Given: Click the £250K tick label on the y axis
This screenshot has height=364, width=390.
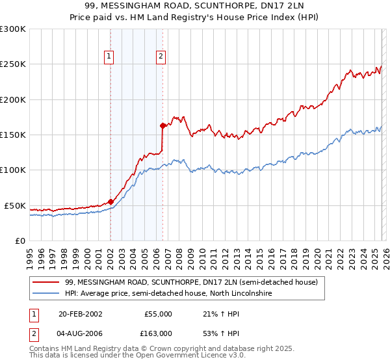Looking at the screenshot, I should tap(13, 64).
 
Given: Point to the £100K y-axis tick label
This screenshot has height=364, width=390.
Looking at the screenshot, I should tap(13, 170).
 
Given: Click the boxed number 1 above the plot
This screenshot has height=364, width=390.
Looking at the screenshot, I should tap(109, 57).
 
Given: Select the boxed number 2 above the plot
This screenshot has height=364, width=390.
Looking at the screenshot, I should tap(161, 57).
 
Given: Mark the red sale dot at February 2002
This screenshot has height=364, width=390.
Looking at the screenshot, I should tap(110, 201).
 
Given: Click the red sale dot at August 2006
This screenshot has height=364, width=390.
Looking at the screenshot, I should tap(162, 125).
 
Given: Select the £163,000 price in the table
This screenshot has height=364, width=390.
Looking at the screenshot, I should tap(158, 333).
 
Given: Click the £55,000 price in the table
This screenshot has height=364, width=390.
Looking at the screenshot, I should tap(158, 314).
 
